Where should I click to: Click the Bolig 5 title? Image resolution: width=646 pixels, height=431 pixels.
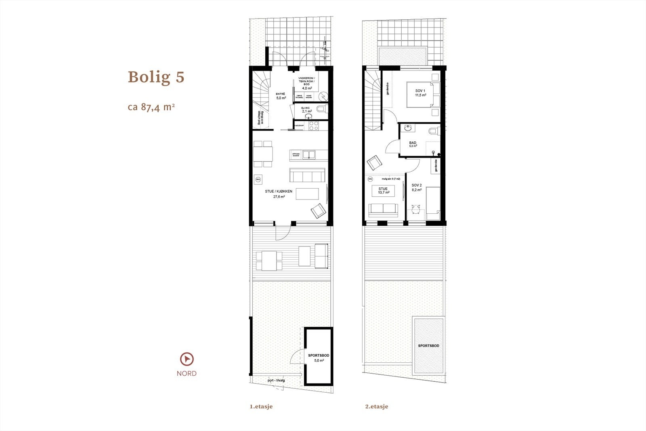click(156, 77)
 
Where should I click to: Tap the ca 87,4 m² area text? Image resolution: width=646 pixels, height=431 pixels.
click(151, 107)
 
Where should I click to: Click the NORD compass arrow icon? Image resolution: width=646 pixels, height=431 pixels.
click(187, 359)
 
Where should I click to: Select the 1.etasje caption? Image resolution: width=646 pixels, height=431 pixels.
click(261, 406)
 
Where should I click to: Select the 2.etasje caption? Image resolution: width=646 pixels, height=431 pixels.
click(376, 406)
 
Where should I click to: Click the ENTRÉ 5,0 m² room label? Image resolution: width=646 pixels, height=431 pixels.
click(281, 96)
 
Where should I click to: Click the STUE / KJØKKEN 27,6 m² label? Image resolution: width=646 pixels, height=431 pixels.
click(279, 193)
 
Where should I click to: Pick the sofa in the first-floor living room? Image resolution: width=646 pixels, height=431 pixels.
click(306, 176)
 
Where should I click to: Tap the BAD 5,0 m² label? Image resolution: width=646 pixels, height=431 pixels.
click(413, 144)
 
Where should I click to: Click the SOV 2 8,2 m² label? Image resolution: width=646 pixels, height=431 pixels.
click(417, 187)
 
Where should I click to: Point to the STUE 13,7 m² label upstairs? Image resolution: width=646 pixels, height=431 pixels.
click(383, 191)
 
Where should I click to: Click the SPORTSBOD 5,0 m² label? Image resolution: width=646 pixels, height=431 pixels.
click(319, 357)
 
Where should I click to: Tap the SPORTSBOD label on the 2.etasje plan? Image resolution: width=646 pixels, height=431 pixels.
click(428, 346)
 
